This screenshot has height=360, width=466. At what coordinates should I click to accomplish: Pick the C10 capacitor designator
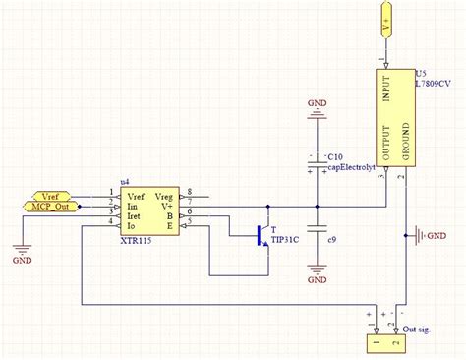click(x=335, y=156)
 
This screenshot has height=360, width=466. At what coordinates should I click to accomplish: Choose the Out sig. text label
click(x=423, y=329)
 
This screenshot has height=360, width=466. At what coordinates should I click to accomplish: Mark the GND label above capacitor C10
click(x=317, y=101)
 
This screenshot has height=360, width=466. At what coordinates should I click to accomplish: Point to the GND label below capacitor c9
click(x=317, y=279)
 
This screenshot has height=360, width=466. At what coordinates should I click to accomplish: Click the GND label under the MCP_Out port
click(x=22, y=262)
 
